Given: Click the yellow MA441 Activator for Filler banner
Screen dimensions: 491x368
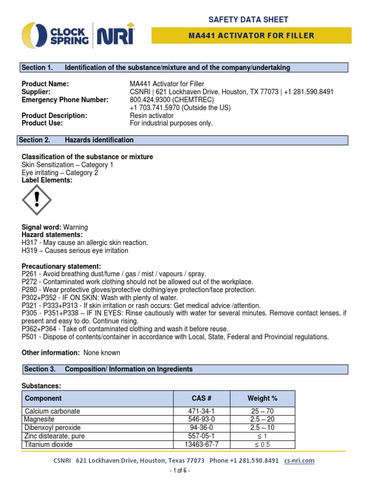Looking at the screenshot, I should click(252, 35).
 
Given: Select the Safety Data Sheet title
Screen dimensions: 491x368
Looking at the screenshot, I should click(248, 20).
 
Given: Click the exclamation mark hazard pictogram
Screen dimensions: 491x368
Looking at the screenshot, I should click(37, 201).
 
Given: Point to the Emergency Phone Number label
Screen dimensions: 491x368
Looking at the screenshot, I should click(65, 100).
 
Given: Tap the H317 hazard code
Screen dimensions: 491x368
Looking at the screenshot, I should click(30, 243).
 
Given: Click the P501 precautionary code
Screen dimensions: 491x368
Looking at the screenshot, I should click(30, 337).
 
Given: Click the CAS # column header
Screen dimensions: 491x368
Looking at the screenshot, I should click(201, 398).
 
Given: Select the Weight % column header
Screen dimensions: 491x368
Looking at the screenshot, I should click(262, 398).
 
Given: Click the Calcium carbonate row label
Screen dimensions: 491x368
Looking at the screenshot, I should click(52, 411).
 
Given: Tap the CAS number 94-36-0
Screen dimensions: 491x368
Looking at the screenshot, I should click(201, 428).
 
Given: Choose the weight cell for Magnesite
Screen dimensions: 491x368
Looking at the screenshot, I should click(262, 420).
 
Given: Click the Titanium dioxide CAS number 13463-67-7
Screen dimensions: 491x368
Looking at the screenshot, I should click(201, 444).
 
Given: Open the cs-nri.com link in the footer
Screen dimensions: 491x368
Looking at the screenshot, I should click(299, 460).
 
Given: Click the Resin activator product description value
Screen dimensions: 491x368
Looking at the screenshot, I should click(152, 116).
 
